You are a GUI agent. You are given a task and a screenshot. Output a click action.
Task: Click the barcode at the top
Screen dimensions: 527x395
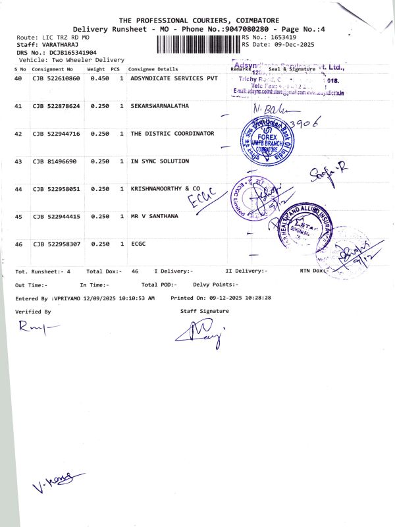(x=199, y=45)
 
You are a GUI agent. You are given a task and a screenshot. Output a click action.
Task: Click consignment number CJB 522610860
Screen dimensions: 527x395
(x=56, y=78)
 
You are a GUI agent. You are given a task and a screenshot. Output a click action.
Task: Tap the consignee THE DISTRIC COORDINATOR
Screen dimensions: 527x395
(x=172, y=134)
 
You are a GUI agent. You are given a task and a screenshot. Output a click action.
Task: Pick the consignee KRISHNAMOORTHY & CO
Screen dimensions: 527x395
(x=165, y=189)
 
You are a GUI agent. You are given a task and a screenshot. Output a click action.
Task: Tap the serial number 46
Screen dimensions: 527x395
(x=18, y=244)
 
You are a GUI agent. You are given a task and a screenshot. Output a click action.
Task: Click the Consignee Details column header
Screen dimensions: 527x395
(x=153, y=69)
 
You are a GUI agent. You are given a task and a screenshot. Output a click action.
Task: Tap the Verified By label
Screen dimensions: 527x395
(x=33, y=311)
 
